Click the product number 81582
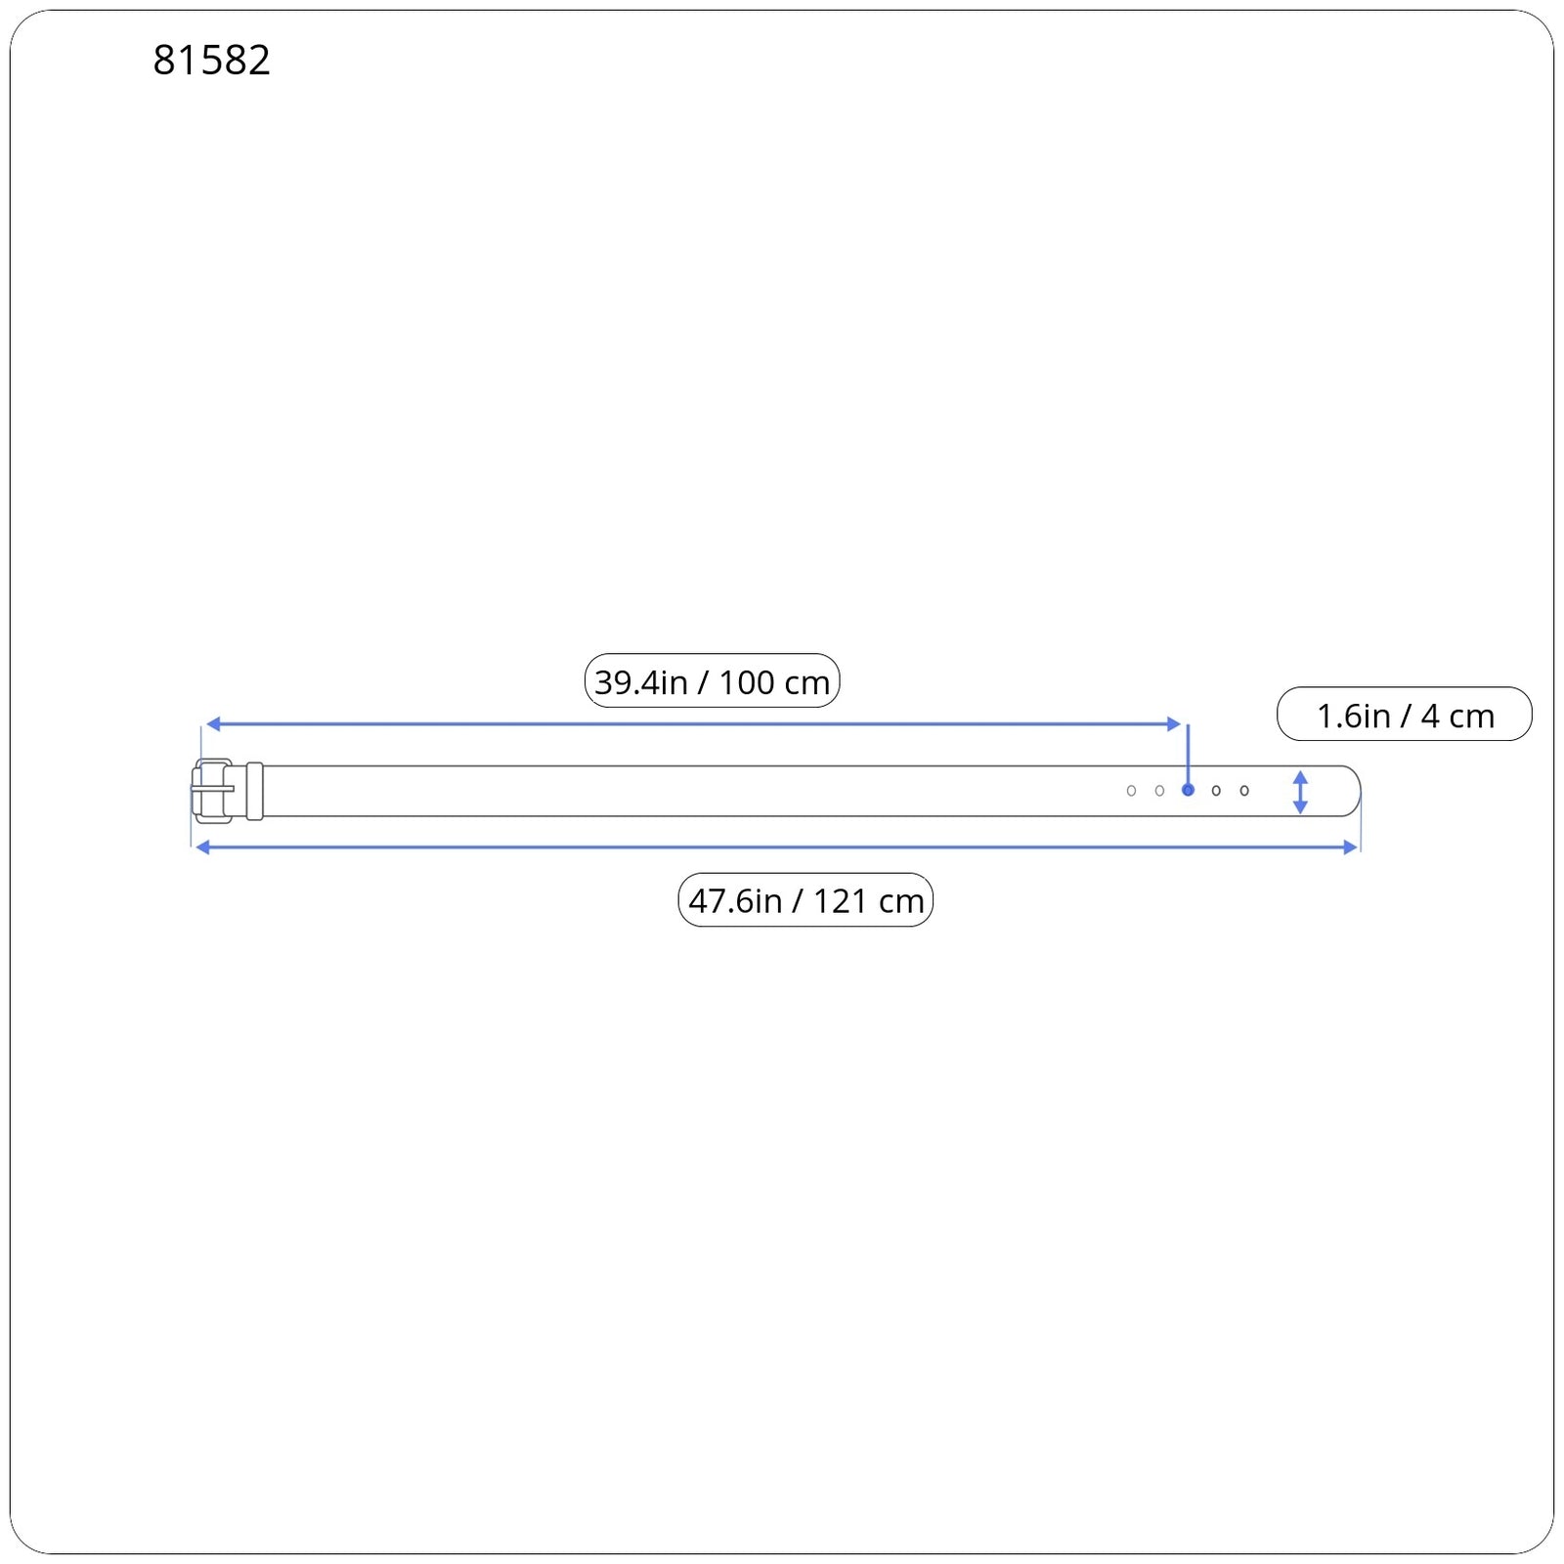(211, 61)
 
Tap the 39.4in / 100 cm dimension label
(712, 681)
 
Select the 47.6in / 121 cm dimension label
(805, 900)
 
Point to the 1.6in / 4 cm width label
(1404, 715)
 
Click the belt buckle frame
(199, 791)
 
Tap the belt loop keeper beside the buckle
(255, 791)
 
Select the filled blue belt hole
(1188, 790)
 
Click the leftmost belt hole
(1131, 791)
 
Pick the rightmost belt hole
(1244, 791)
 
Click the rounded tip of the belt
(1360, 791)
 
